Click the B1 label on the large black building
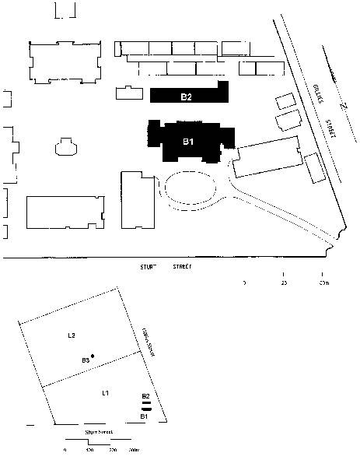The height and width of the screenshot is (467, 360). [188, 142]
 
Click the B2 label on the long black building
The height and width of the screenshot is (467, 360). [187, 97]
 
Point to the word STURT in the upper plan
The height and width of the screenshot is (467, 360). [147, 266]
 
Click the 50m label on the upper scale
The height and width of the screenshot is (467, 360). [323, 283]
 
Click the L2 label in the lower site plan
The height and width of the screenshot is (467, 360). [71, 335]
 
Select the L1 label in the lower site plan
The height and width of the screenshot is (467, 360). [106, 394]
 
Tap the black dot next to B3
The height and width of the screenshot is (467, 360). [93, 356]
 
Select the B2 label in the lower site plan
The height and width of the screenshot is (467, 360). [145, 396]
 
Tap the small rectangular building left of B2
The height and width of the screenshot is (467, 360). [129, 93]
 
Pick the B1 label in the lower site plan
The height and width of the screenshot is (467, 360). [144, 416]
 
